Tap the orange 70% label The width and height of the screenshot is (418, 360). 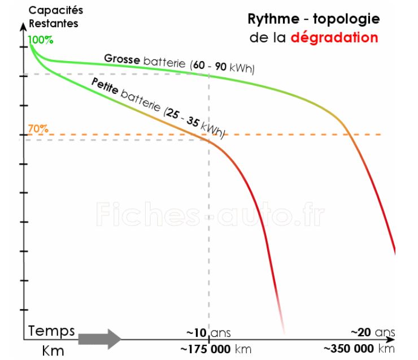[38, 128]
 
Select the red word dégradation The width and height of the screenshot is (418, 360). [334, 38]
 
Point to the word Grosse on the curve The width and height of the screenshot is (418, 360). [122, 59]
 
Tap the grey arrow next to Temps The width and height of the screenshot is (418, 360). [99, 339]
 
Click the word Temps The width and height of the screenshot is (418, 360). [52, 331]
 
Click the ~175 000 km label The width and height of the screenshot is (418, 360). [216, 349]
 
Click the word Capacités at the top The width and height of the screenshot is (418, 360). [55, 11]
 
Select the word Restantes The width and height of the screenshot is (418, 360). [53, 24]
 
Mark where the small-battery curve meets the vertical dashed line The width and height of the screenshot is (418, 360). [210, 140]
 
